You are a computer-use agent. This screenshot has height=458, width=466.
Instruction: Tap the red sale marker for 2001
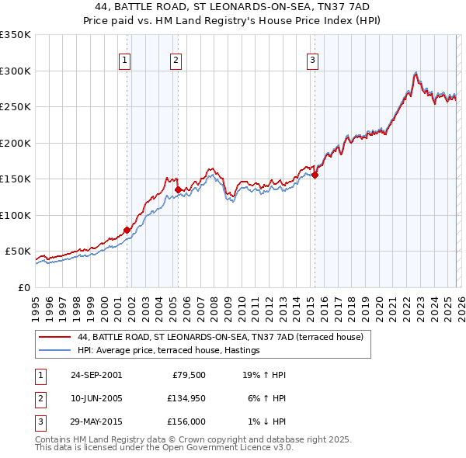coord(127,230)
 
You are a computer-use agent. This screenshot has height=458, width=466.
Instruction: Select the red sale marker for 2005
coord(178,189)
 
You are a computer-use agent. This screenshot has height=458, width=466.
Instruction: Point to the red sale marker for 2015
coord(315,175)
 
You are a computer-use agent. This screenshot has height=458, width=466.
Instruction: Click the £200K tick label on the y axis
coord(16,143)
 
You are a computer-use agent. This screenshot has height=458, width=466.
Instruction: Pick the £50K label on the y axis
coord(18,252)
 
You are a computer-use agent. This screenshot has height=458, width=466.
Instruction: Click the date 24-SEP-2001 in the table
coord(96,375)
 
